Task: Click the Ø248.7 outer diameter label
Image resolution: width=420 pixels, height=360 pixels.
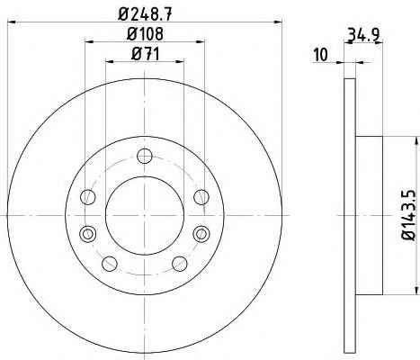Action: [x=146, y=14]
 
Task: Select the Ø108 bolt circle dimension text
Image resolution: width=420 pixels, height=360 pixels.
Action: [x=145, y=33]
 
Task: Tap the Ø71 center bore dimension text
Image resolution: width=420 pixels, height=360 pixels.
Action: [x=146, y=54]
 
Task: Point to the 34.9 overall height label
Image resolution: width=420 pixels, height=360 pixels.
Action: [x=363, y=34]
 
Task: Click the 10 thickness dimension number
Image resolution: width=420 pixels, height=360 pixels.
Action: [x=321, y=55]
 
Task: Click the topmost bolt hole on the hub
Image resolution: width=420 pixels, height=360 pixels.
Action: [x=145, y=156]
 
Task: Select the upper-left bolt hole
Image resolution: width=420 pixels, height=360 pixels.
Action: [x=88, y=197]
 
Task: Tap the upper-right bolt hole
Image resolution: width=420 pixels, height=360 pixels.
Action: [x=201, y=197]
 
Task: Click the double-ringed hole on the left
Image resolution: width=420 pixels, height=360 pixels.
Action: [x=88, y=234]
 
